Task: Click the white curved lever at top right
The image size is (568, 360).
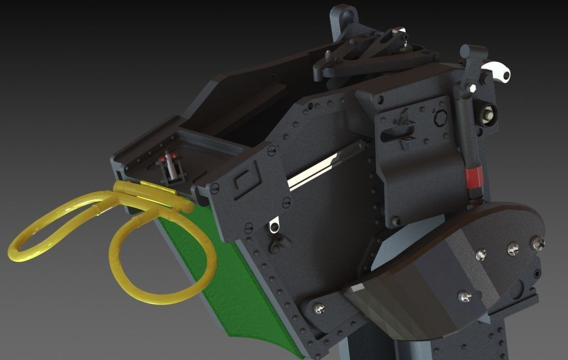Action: point(497,71)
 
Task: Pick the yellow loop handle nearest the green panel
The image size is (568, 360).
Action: point(161,260)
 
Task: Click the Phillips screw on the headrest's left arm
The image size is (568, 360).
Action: point(319,310)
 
